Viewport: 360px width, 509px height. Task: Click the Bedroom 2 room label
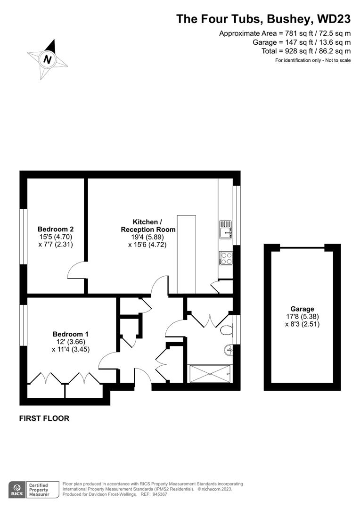point(56,230)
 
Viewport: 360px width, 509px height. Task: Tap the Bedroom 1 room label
point(71,334)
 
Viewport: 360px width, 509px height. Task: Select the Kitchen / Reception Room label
point(147,226)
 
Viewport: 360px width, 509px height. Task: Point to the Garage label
point(302,309)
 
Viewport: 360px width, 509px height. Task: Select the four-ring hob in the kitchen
point(225,258)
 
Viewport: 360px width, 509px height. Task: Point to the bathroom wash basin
point(228,349)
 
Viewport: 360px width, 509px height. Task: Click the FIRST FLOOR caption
point(44,418)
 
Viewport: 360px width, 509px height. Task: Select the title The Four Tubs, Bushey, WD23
point(263,19)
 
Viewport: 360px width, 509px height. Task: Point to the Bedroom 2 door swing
point(76,271)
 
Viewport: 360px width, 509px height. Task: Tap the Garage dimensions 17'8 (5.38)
point(302,317)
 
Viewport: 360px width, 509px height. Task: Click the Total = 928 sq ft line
point(306,51)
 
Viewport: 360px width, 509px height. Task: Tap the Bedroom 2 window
point(23,235)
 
